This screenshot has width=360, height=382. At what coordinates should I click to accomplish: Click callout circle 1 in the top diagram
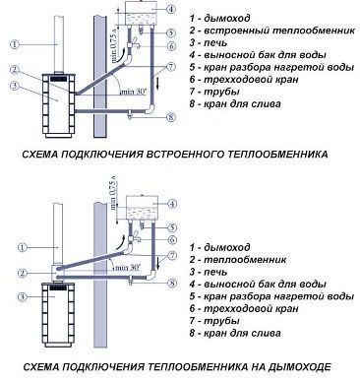(11, 42)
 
